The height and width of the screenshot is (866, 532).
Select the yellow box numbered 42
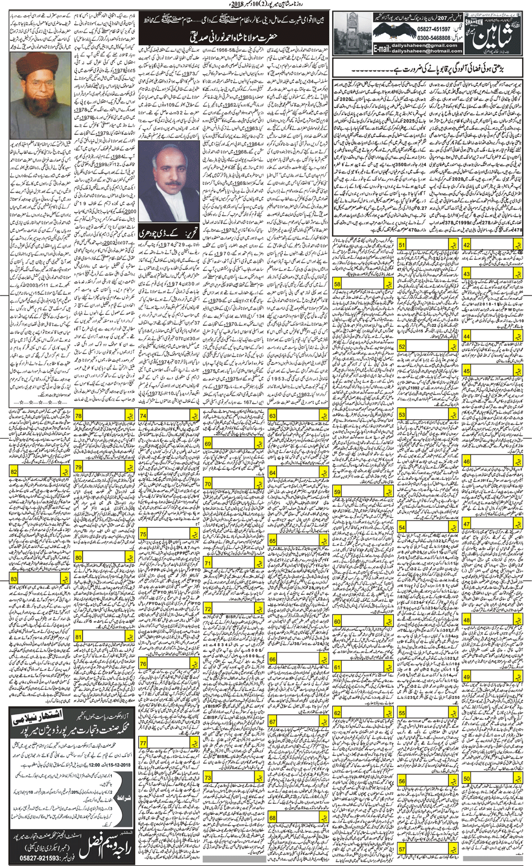(x=466, y=245)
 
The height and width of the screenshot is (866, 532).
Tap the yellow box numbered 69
(x=208, y=443)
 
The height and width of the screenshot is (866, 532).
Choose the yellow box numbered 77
(x=143, y=743)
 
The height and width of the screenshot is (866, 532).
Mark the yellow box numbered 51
(x=402, y=245)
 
